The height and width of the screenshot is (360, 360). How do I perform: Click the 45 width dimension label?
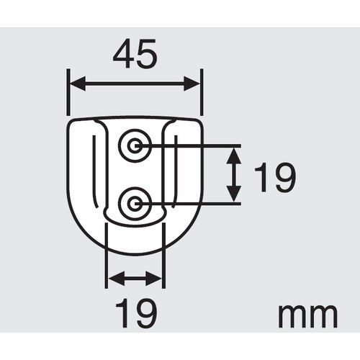[135, 55]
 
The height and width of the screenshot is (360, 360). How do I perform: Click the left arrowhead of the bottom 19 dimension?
[112, 277]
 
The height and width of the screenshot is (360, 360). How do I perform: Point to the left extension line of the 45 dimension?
[68, 94]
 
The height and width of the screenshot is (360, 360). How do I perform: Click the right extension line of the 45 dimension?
[202, 94]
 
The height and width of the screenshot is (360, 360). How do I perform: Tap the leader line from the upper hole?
[194, 146]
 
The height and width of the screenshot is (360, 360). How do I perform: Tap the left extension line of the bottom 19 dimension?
[106, 259]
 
